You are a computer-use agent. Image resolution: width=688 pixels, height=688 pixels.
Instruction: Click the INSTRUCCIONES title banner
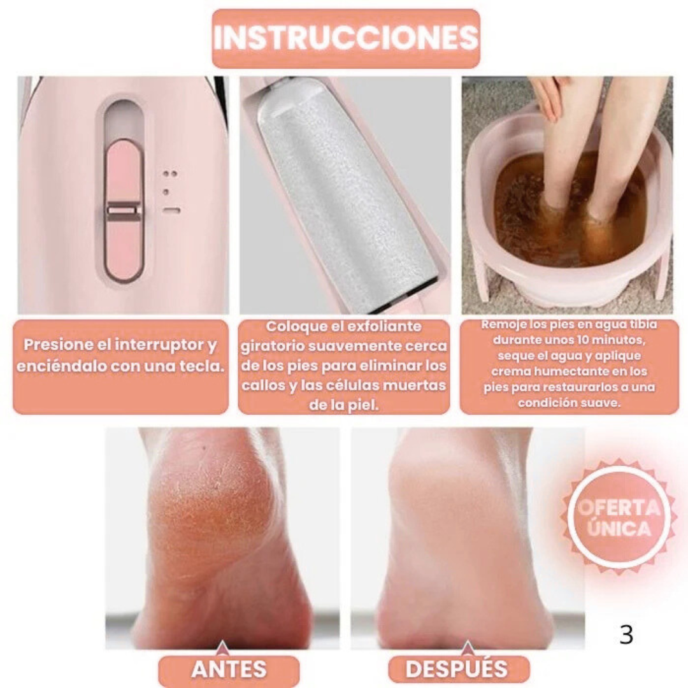346,38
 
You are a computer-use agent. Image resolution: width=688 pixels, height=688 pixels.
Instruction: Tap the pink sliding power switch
124,210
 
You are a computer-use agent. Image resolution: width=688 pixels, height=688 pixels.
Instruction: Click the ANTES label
229,670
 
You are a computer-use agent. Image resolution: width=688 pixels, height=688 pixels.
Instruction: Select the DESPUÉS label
457,670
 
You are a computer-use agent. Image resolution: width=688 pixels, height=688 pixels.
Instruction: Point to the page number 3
626,634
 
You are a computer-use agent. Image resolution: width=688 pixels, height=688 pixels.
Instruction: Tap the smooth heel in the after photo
452,518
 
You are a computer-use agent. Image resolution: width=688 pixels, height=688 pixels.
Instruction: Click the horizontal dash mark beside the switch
171,210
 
